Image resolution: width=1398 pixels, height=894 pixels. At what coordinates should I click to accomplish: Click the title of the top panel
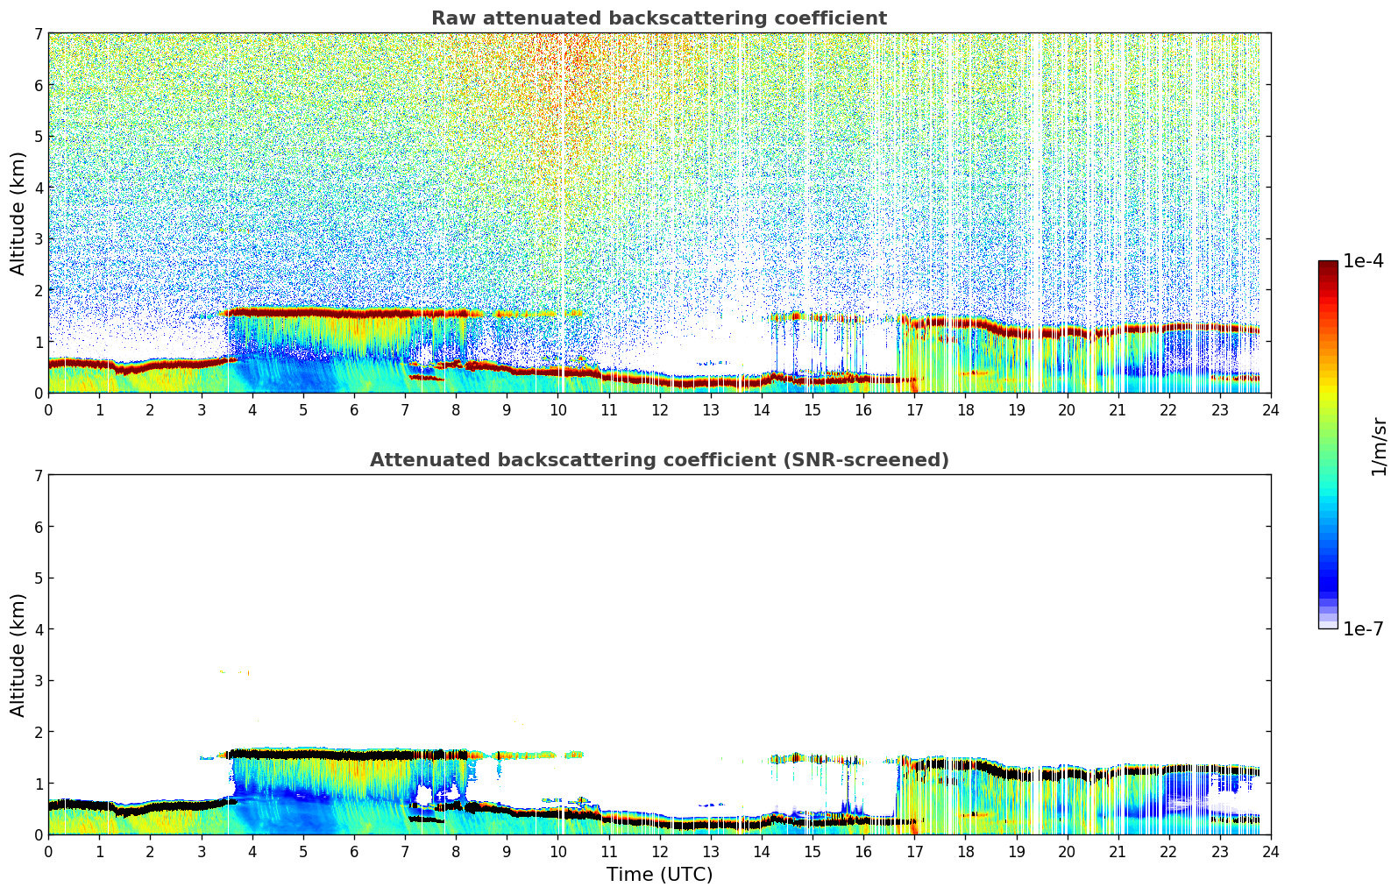[659, 18]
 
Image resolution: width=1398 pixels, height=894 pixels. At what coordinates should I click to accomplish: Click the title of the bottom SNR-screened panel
[659, 460]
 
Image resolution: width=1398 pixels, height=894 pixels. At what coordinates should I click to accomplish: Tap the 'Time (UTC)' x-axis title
[659, 875]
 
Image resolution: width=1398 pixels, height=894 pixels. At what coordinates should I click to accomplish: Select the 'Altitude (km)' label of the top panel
[18, 213]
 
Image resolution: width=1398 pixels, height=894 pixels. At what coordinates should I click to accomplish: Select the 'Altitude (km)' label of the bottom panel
[18, 655]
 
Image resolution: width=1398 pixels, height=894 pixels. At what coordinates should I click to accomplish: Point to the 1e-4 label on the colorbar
[1363, 261]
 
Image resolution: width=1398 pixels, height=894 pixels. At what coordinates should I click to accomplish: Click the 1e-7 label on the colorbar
[1363, 628]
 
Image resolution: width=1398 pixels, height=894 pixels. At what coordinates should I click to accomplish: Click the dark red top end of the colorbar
[1328, 265]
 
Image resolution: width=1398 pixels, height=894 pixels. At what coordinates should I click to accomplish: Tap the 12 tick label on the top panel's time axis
[659, 410]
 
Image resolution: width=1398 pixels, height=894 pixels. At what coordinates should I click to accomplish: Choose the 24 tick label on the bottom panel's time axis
[1270, 852]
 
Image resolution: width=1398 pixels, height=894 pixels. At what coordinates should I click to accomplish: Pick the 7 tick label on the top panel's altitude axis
[38, 34]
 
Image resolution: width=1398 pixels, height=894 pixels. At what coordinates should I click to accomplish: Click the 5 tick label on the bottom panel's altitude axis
[38, 578]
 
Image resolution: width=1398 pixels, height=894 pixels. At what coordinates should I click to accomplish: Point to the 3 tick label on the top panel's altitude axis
[38, 239]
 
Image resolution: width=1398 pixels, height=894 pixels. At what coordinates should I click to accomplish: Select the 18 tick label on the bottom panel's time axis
[965, 852]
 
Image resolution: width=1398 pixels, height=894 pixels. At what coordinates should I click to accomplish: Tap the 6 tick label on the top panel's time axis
[354, 410]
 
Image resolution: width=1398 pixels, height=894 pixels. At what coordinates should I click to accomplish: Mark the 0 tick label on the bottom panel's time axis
[48, 852]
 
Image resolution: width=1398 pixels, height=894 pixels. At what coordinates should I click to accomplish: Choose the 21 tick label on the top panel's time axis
[1118, 410]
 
